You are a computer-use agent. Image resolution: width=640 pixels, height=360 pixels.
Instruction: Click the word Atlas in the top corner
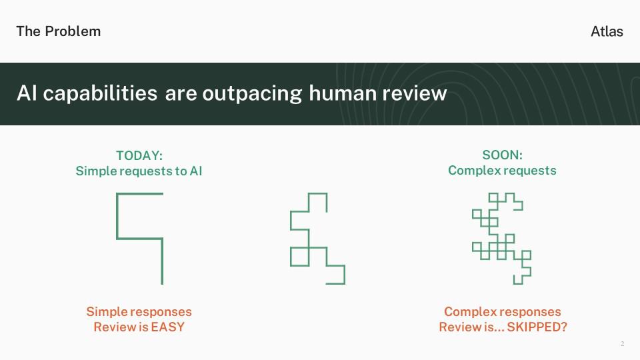point(607,31)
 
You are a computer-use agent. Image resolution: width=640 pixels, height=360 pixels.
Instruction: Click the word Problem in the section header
point(73,31)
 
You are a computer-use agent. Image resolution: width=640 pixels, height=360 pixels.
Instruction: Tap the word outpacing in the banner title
point(252,93)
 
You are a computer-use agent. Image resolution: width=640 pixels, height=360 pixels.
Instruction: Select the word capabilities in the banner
point(100,93)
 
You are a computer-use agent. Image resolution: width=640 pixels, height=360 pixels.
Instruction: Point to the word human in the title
point(343,93)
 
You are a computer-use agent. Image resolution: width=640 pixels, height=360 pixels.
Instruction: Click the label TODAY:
point(139,155)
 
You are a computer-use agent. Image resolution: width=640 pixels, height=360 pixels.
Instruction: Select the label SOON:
point(502,155)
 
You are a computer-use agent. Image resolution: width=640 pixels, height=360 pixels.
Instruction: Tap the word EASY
point(167,327)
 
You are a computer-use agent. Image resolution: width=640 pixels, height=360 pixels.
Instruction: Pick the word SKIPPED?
point(537,327)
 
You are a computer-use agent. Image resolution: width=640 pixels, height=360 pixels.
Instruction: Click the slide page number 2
point(622,344)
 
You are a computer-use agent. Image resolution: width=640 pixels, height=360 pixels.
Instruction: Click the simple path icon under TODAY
point(117,216)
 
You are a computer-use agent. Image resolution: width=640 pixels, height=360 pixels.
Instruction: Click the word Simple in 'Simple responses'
point(103,312)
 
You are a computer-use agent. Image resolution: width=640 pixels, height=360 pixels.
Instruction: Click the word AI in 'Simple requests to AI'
point(196,171)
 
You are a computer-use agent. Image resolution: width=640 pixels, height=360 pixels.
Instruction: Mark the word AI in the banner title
point(27,93)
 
